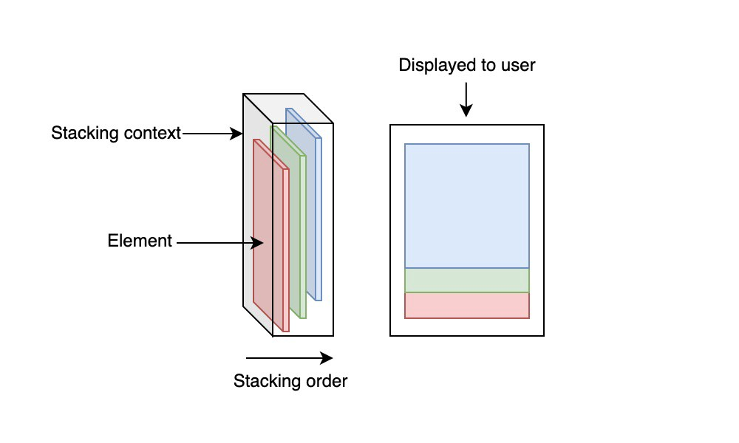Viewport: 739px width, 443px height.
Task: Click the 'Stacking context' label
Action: pos(116,134)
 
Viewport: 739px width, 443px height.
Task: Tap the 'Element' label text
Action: pos(140,241)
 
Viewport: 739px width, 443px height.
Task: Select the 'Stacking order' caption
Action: pos(290,382)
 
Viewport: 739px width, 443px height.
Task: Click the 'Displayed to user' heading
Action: pos(467,65)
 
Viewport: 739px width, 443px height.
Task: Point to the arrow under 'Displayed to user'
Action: pos(466,100)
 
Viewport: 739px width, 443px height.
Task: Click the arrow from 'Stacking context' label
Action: pos(213,134)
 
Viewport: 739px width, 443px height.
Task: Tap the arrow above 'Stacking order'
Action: pos(289,359)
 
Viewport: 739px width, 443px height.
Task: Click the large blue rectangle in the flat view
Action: pos(467,205)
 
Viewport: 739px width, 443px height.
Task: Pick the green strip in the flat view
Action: pos(467,281)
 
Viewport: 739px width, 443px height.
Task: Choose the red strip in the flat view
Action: pos(467,306)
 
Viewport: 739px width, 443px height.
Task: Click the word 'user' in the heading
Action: pos(518,65)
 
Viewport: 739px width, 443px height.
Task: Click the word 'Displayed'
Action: pos(432,65)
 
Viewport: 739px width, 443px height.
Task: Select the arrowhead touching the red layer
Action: pos(259,242)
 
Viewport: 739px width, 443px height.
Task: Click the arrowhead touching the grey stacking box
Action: pos(239,134)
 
